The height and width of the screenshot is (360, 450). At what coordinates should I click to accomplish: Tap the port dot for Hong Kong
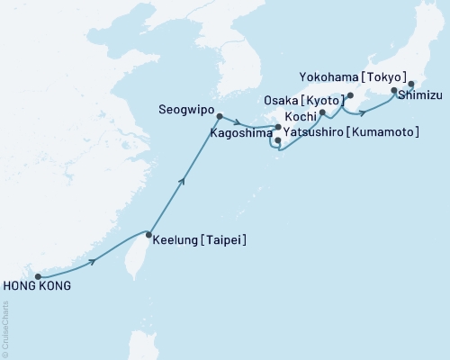(x=38, y=276)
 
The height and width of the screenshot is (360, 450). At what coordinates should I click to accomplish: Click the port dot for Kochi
(x=322, y=112)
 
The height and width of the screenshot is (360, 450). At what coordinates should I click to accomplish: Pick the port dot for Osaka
(x=350, y=95)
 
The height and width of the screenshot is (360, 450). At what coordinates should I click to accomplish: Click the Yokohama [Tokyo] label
(x=364, y=76)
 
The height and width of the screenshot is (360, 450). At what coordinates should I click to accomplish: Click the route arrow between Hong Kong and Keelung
(x=94, y=262)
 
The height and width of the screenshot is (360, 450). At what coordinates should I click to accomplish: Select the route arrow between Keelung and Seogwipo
(x=183, y=181)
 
